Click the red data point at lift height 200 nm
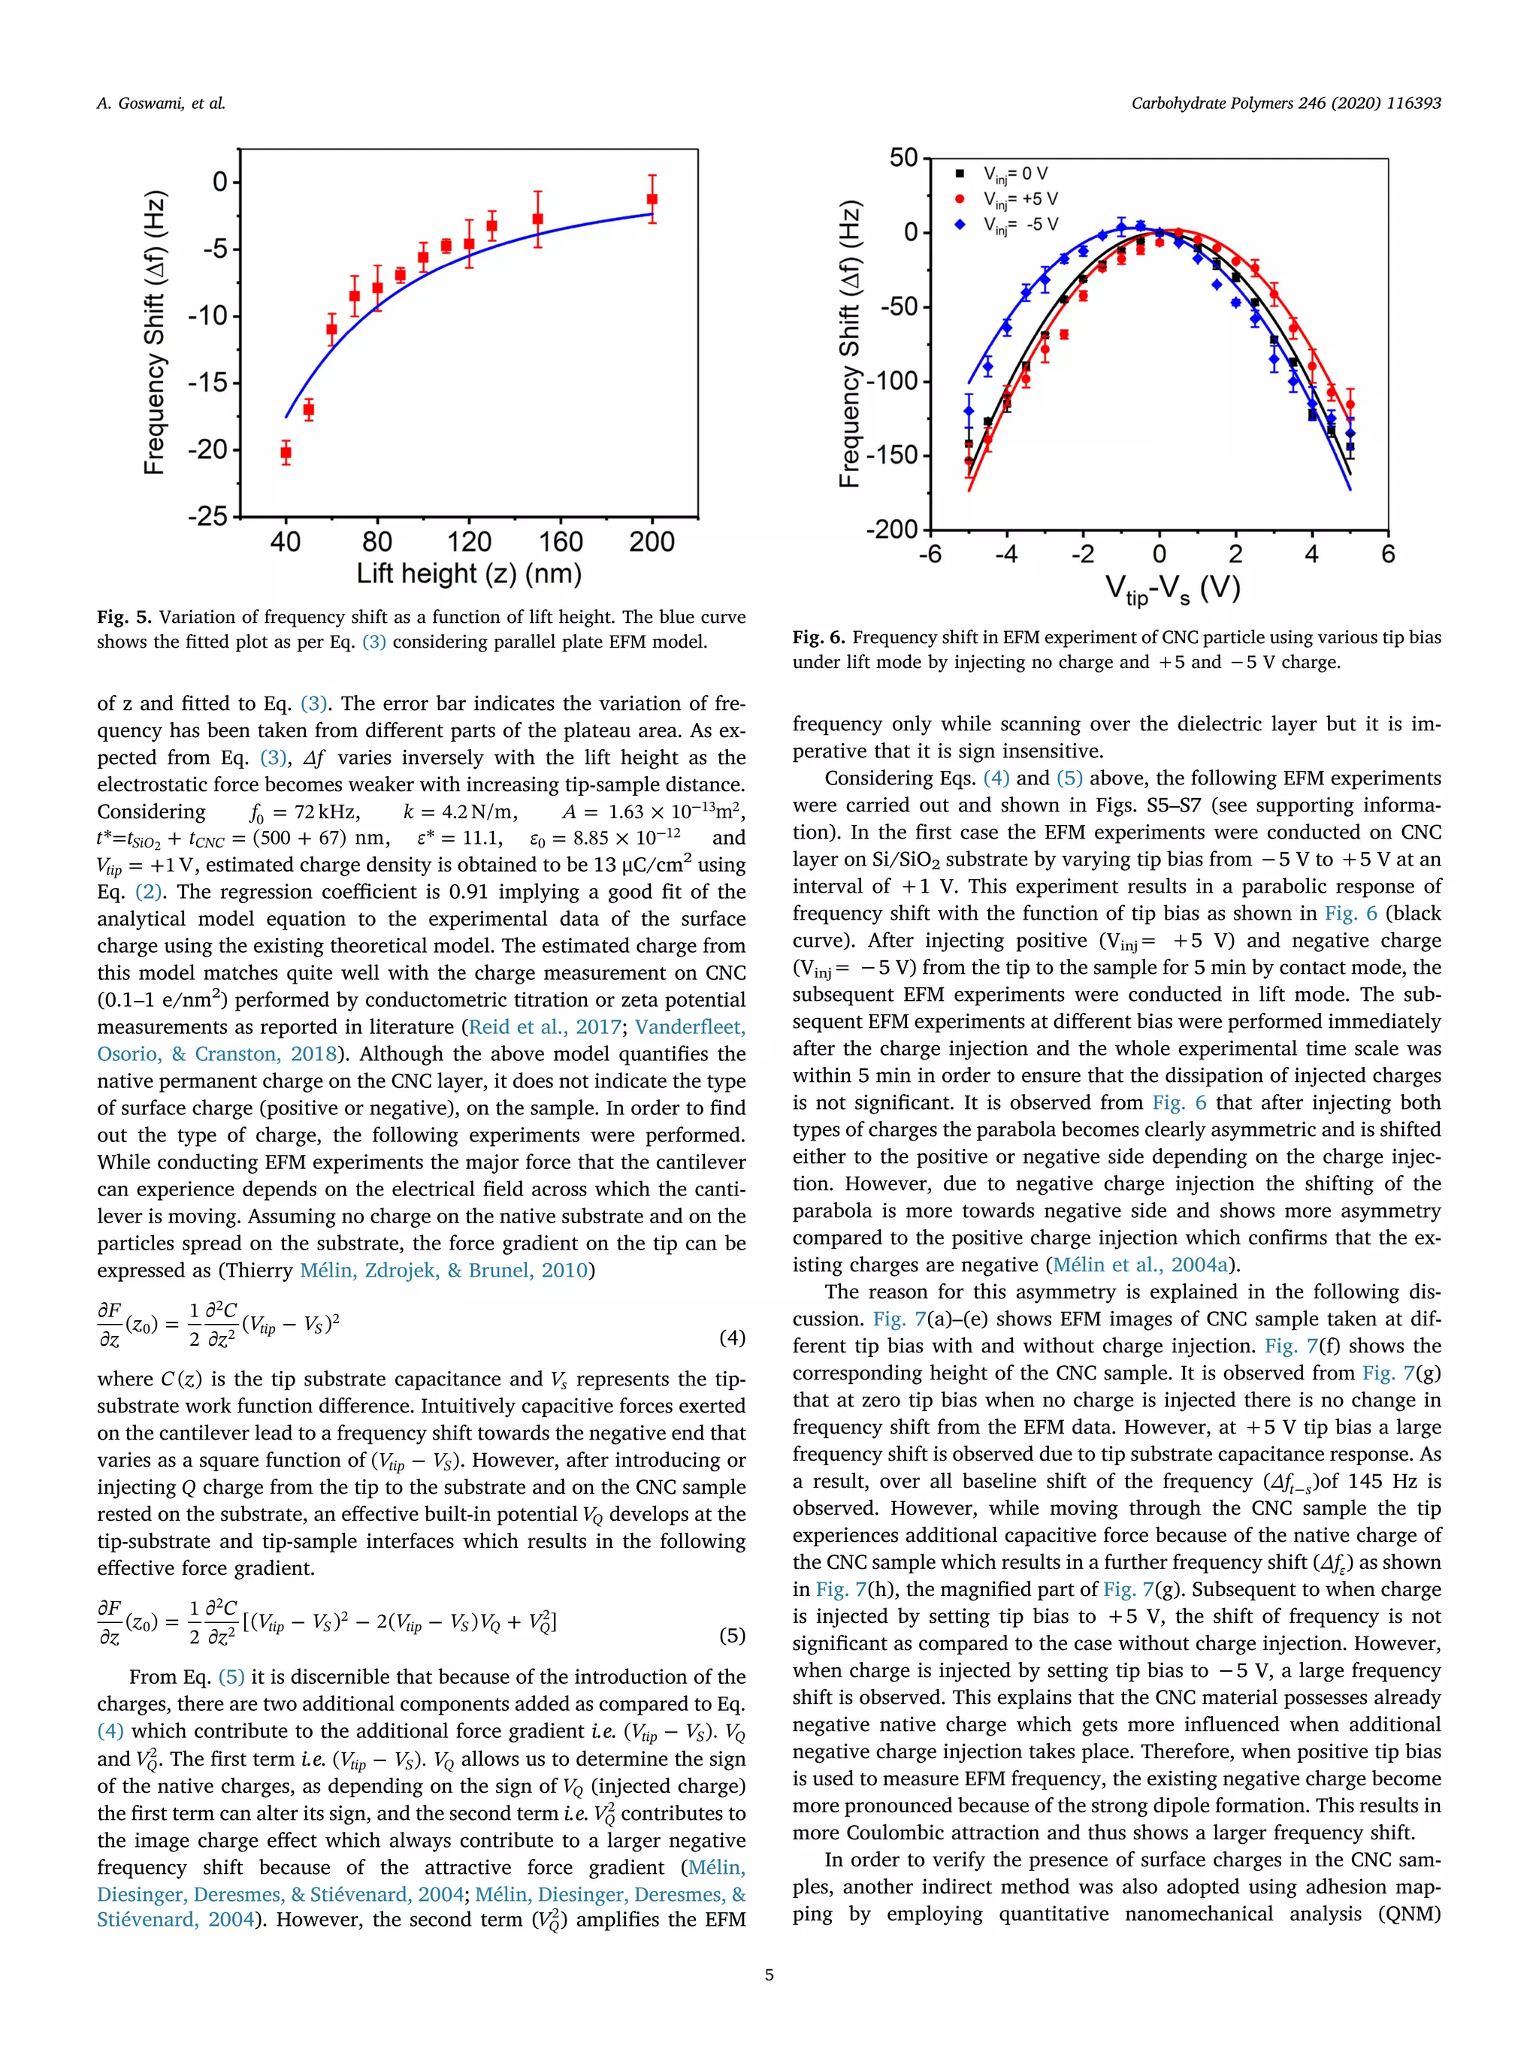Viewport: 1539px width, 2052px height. [x=652, y=199]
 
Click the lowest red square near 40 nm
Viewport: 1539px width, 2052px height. [x=286, y=452]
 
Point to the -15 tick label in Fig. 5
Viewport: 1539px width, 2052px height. [x=208, y=382]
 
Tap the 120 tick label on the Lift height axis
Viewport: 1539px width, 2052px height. [x=468, y=542]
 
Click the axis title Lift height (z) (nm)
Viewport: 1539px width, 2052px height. [x=468, y=573]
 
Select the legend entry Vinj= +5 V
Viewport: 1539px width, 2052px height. [x=1020, y=199]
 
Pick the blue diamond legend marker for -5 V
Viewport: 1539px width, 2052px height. [x=960, y=225]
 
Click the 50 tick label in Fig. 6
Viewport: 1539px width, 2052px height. [x=903, y=158]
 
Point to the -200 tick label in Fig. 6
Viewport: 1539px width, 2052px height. [x=890, y=530]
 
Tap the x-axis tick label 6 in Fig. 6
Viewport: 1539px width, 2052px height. [x=1388, y=555]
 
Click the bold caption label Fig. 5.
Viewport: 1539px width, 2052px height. [x=123, y=618]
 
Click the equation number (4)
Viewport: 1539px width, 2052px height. [x=732, y=1337]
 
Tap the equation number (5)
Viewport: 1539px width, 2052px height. [x=732, y=1634]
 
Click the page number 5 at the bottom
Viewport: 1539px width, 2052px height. [x=769, y=1974]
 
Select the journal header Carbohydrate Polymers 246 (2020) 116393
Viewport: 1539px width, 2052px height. [x=1285, y=104]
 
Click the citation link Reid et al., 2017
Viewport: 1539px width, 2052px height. [x=545, y=1027]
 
